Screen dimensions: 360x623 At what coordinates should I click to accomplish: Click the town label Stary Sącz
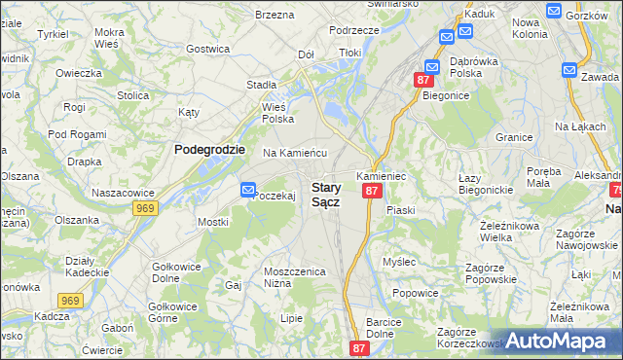pyautogui.click(x=325, y=194)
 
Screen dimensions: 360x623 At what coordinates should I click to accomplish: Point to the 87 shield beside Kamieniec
pyautogui.click(x=371, y=192)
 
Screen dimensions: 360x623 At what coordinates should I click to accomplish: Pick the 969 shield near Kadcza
pyautogui.click(x=68, y=302)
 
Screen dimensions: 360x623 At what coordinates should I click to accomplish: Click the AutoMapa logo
pyautogui.click(x=558, y=341)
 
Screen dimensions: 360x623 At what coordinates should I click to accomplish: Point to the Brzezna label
pyautogui.click(x=274, y=15)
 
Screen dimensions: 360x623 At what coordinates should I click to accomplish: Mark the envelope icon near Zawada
pyautogui.click(x=569, y=70)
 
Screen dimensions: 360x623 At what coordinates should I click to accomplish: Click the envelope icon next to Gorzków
pyautogui.click(x=554, y=11)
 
